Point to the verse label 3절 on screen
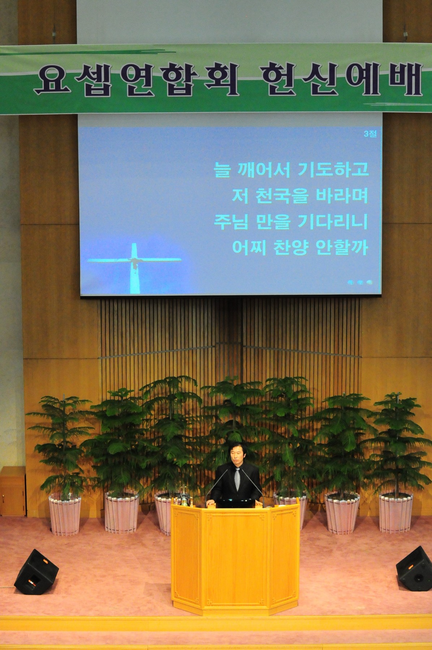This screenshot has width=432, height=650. click(370, 135)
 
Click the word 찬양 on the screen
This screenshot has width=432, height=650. click(287, 248)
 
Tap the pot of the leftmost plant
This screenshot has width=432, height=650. click(65, 516)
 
